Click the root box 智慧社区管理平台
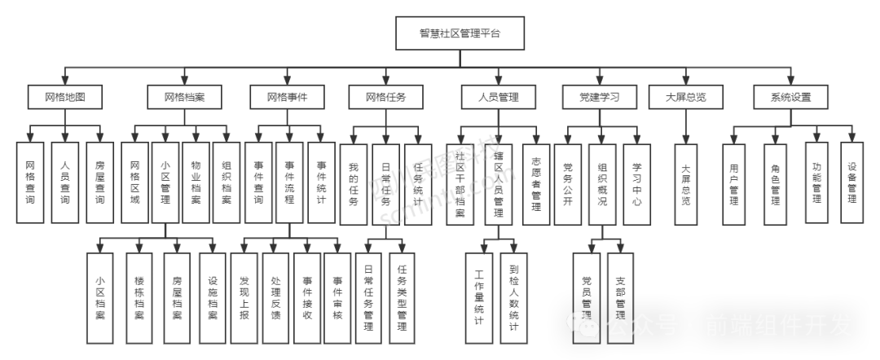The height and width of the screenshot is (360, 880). [x=460, y=33]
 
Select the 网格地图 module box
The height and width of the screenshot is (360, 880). [x=65, y=98]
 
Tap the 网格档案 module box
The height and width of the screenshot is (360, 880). [x=184, y=98]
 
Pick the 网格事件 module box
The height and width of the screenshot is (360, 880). [x=288, y=98]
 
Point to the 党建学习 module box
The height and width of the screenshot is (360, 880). [x=600, y=98]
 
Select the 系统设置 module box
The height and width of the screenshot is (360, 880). [x=791, y=98]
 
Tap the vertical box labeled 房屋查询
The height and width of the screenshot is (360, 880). [x=99, y=182]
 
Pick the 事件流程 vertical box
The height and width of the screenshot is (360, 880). [x=288, y=182]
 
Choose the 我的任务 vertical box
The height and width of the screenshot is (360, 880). [x=353, y=182]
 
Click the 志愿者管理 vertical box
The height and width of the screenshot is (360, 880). [x=536, y=182]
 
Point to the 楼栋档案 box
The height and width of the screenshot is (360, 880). [x=139, y=297]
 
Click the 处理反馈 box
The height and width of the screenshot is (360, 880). [x=276, y=297]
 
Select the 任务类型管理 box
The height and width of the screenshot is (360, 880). [x=403, y=297]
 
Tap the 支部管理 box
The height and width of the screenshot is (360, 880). [x=621, y=297]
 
